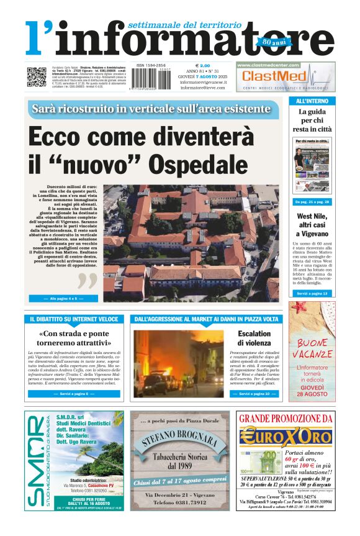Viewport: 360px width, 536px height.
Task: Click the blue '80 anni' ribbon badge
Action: (271, 43)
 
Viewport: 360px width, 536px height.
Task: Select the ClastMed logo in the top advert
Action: (276, 76)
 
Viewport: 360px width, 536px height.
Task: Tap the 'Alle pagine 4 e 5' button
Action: (63, 298)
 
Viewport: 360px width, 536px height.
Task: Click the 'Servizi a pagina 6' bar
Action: (74, 394)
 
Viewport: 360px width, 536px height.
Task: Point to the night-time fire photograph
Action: (170, 363)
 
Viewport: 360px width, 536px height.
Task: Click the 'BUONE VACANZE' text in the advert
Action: (312, 348)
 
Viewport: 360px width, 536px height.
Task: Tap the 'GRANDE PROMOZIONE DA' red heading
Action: (285, 417)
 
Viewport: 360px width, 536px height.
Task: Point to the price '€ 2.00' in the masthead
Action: (203, 65)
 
